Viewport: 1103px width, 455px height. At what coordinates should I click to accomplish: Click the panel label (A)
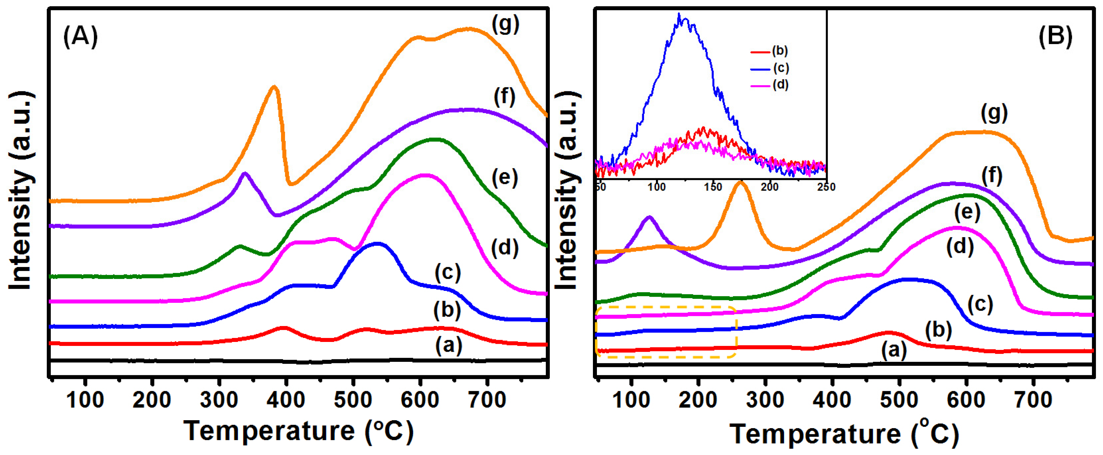pos(80,36)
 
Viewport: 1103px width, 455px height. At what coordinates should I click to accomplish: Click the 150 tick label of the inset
pos(713,187)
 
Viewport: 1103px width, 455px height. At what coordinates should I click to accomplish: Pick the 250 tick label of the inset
pos(826,187)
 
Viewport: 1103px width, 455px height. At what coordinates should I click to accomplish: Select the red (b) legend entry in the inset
pos(769,51)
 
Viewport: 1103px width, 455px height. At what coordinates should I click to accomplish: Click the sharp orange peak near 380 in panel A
pos(274,87)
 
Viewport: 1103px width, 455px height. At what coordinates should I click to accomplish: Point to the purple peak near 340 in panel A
pos(245,173)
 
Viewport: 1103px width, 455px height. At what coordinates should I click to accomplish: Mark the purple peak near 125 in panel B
pos(650,218)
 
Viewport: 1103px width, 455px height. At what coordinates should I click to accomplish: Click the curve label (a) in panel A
pos(448,345)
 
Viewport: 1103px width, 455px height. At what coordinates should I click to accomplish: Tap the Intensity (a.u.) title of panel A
pos(20,190)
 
